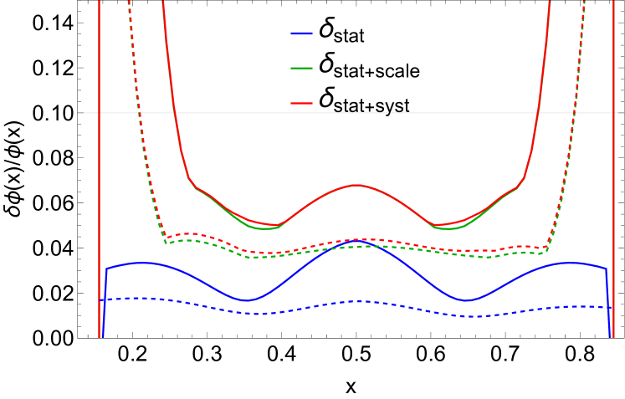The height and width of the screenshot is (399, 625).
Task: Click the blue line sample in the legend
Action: pyautogui.click(x=301, y=33)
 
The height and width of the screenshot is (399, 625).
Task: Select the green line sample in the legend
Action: pyautogui.click(x=301, y=68)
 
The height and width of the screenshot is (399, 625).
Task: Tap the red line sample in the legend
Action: pyautogui.click(x=301, y=104)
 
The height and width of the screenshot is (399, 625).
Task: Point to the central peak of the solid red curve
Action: pyautogui.click(x=356, y=185)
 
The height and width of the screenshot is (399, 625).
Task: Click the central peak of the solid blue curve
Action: pyautogui.click(x=356, y=243)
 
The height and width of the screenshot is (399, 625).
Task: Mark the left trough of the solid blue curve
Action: pyautogui.click(x=246, y=300)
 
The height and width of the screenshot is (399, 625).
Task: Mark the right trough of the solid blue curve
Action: pyautogui.click(x=467, y=300)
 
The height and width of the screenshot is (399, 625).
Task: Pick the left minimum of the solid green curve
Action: pyautogui.click(x=264, y=228)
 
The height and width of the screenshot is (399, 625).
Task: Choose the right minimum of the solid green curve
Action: pyautogui.click(x=448, y=228)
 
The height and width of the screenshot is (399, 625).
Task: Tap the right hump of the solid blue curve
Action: pyautogui.click(x=571, y=263)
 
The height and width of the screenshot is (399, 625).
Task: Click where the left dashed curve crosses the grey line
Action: pyautogui.click(x=139, y=112)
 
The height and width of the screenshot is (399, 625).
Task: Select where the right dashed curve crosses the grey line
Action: pyautogui.click(x=575, y=112)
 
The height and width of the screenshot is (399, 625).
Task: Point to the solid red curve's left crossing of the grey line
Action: pyautogui.click(x=173, y=112)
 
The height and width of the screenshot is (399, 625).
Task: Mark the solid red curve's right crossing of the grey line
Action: pyautogui.click(x=539, y=112)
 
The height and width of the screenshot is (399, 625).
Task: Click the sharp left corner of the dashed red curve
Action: pyautogui.click(x=166, y=238)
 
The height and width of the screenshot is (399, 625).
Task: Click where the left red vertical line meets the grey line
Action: pyautogui.click(x=100, y=112)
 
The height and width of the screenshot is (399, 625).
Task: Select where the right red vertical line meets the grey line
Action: pyautogui.click(x=613, y=112)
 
